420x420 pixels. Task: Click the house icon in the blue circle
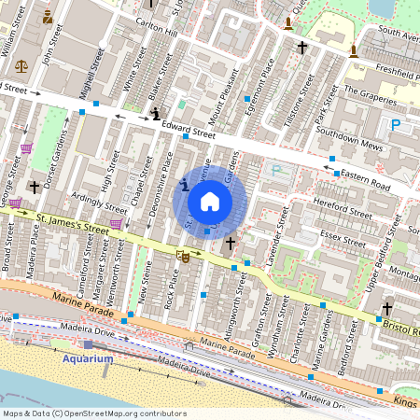tap(210, 201)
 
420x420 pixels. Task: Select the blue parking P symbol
tap(396, 123)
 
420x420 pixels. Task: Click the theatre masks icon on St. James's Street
tap(184, 254)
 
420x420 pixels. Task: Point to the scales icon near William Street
tap(21, 66)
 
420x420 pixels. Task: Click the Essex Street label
tap(344, 226)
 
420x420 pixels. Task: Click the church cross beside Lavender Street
tap(230, 243)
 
